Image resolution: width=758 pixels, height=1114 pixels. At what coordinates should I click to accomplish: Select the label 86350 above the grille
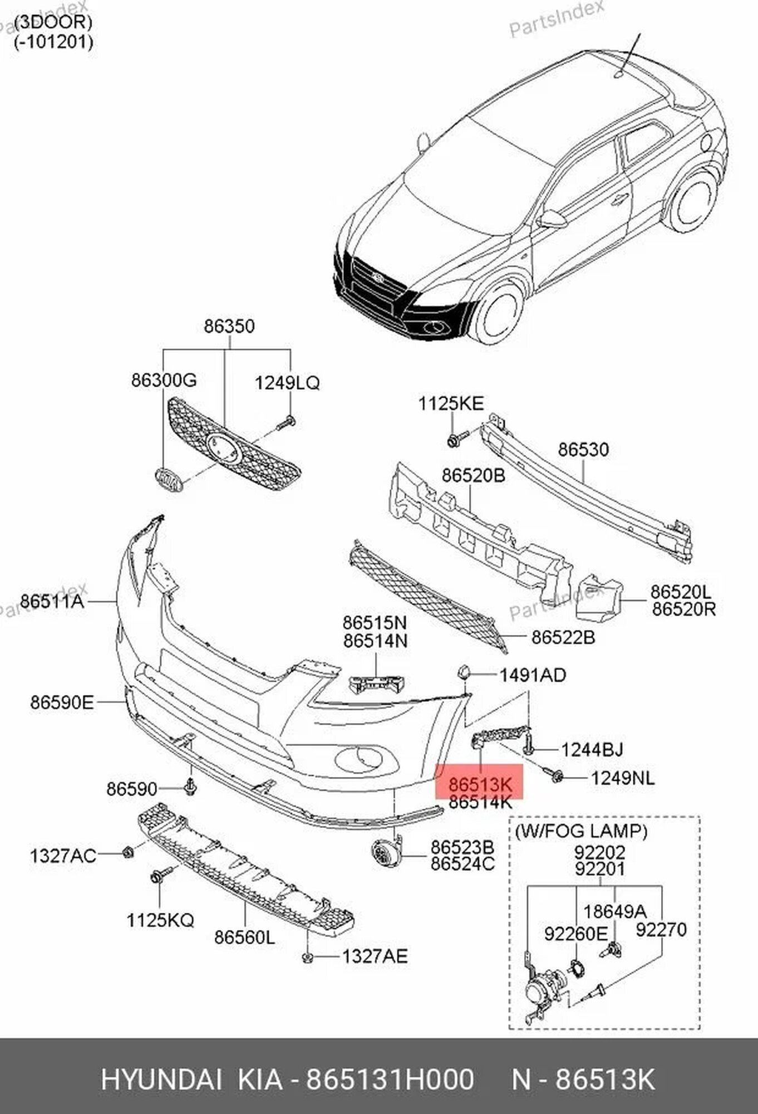tap(229, 326)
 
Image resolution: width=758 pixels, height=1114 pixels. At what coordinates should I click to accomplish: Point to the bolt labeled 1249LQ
tap(287, 423)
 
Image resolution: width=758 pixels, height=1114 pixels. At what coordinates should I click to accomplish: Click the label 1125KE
tap(451, 403)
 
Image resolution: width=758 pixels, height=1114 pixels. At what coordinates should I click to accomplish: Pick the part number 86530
tap(583, 449)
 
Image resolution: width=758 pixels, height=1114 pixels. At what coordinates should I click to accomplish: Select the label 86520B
tap(473, 475)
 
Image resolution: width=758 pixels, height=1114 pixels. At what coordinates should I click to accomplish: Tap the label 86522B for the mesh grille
tap(563, 637)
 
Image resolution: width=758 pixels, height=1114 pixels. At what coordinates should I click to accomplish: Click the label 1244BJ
tap(592, 750)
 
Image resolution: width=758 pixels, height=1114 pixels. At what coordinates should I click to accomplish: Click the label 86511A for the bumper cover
tap(52, 601)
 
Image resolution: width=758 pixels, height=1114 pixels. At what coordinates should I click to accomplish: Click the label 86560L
tap(244, 937)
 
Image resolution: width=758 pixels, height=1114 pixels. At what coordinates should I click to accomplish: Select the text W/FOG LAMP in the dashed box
tap(581, 831)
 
